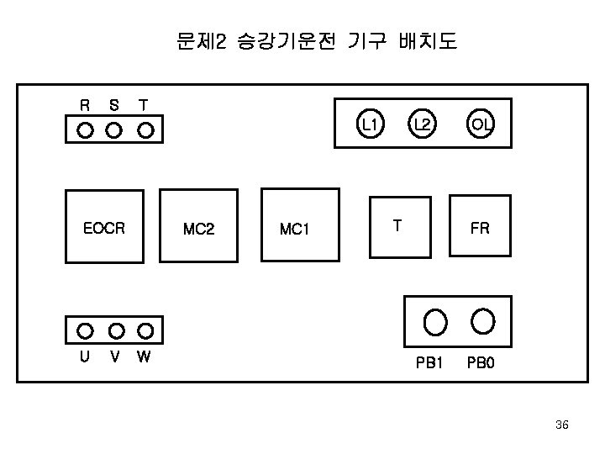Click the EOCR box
tap(105, 226)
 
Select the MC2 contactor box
tap(199, 226)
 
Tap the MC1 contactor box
tap(301, 226)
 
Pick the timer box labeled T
tap(400, 224)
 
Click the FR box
tap(480, 225)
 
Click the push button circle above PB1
tap(434, 321)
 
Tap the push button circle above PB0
tap(482, 319)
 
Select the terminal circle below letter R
tap(85, 130)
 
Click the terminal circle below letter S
tap(114, 130)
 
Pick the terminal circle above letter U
tap(85, 330)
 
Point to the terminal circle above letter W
tap(145, 330)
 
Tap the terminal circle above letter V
tap(116, 330)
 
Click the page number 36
tap(562, 425)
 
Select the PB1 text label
tap(429, 364)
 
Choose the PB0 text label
tap(481, 364)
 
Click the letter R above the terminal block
tap(85, 106)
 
